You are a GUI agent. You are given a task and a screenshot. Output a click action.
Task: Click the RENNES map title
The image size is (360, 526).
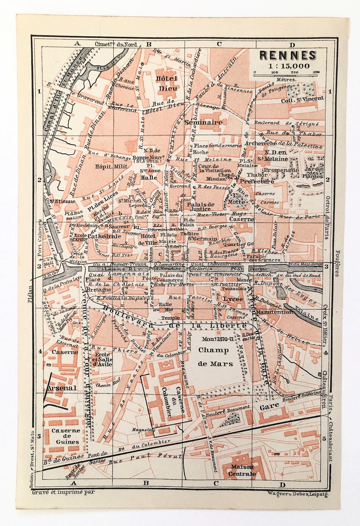click(x=287, y=54)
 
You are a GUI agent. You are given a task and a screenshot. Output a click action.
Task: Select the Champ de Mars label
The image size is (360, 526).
click(x=213, y=357)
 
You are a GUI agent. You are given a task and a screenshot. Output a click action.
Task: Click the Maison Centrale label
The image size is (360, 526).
click(x=242, y=470)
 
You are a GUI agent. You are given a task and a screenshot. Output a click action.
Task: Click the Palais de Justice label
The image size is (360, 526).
click(x=199, y=206)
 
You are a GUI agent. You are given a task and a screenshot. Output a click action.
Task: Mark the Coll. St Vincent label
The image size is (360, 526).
click(x=302, y=98)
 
